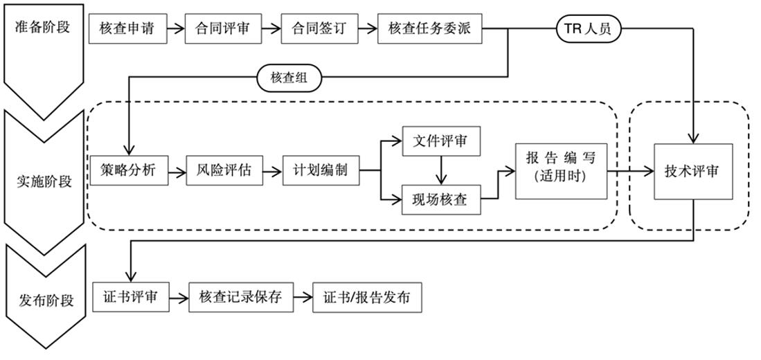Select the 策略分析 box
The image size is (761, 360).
coord(129,170)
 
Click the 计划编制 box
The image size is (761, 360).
coord(321,170)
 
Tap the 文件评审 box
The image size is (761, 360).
coord(440,142)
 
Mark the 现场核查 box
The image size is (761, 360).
coord(440,200)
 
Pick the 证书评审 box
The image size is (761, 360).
coord(129,297)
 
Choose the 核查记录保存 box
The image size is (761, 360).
coord(241,297)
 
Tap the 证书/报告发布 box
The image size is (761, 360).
coord(366,297)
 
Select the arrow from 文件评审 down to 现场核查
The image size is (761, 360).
coord(440,171)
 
